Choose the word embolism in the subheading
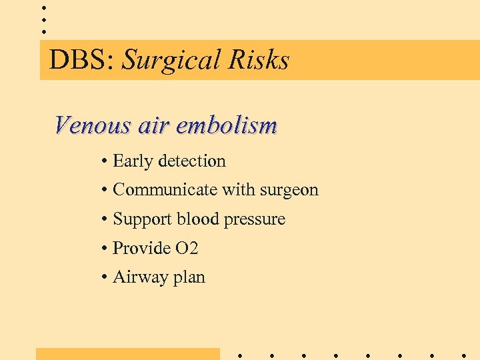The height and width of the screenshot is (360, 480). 227,125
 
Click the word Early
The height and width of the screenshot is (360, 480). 133,161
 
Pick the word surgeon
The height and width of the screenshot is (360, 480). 288,191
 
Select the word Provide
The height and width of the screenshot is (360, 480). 141,249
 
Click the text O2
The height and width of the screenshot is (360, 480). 187,249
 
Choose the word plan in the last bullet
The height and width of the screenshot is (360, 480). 189,278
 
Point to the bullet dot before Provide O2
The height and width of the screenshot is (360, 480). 105,249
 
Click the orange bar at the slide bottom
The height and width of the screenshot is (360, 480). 127,354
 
